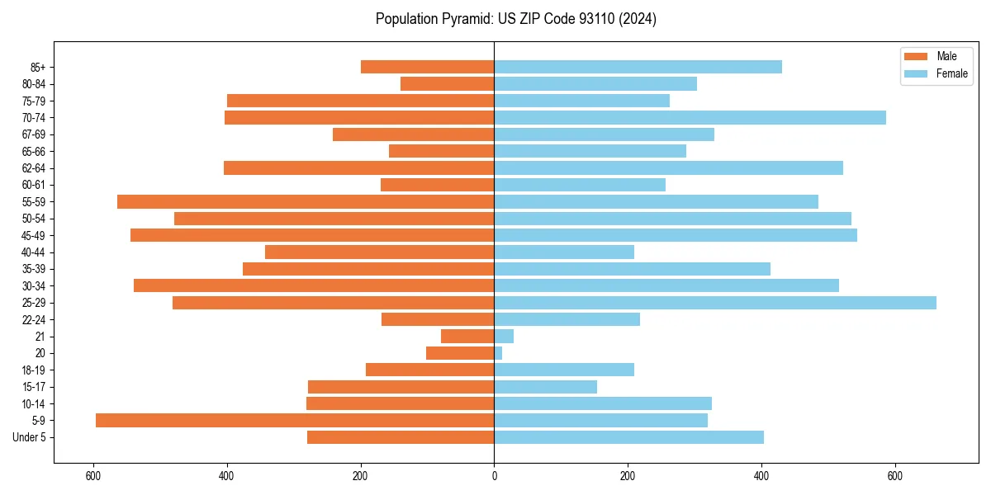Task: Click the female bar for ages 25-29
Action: (714, 303)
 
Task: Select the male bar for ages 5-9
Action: (295, 421)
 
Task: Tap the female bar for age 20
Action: (498, 353)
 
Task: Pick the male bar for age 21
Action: (467, 337)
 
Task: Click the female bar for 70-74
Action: (690, 118)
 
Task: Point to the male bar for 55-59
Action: (306, 202)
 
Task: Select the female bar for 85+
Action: (638, 67)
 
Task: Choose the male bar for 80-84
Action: (447, 84)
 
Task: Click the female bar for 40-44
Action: (564, 252)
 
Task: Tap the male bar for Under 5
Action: (401, 437)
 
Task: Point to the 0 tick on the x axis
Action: (494, 476)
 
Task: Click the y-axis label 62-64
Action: (34, 168)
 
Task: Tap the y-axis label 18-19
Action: (34, 370)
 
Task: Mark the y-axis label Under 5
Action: (30, 437)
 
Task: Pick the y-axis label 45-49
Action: (34, 236)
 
